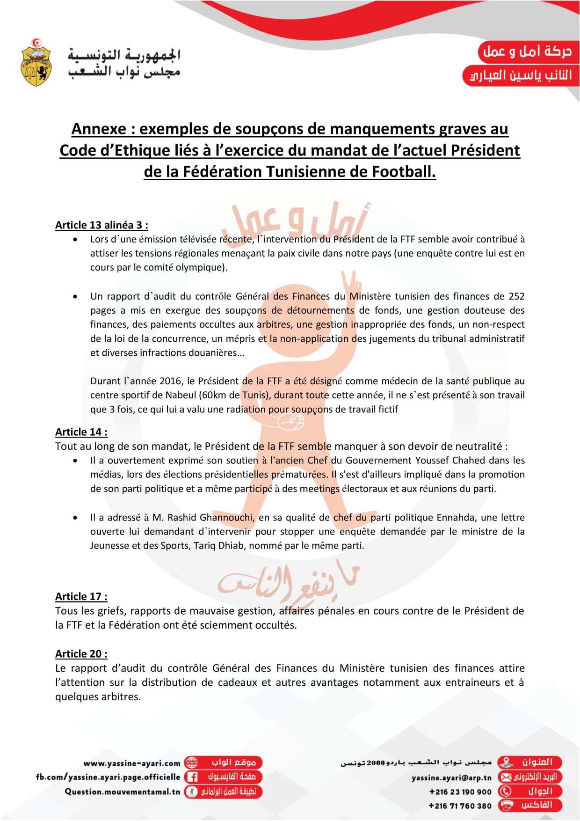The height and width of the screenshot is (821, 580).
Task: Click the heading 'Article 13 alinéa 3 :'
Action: click(x=101, y=225)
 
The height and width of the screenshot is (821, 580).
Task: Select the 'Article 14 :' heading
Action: click(x=81, y=432)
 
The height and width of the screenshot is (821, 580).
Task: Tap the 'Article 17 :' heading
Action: click(x=81, y=597)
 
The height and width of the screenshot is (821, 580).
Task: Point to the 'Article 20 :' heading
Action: click(x=81, y=654)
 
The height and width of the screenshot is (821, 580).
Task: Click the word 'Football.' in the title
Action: click(x=404, y=172)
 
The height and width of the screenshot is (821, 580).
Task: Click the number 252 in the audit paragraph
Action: click(x=516, y=296)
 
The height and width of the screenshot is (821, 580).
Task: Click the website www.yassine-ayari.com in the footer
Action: click(x=132, y=763)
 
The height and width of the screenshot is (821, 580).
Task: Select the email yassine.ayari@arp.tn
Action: click(x=451, y=777)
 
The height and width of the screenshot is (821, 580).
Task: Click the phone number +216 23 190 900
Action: click(x=460, y=792)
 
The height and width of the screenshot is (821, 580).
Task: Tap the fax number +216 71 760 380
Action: click(x=460, y=806)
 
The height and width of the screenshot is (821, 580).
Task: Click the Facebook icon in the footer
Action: click(x=191, y=777)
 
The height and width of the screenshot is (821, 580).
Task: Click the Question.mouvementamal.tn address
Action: click(x=122, y=792)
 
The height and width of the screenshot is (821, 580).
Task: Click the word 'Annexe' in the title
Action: click(x=99, y=129)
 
